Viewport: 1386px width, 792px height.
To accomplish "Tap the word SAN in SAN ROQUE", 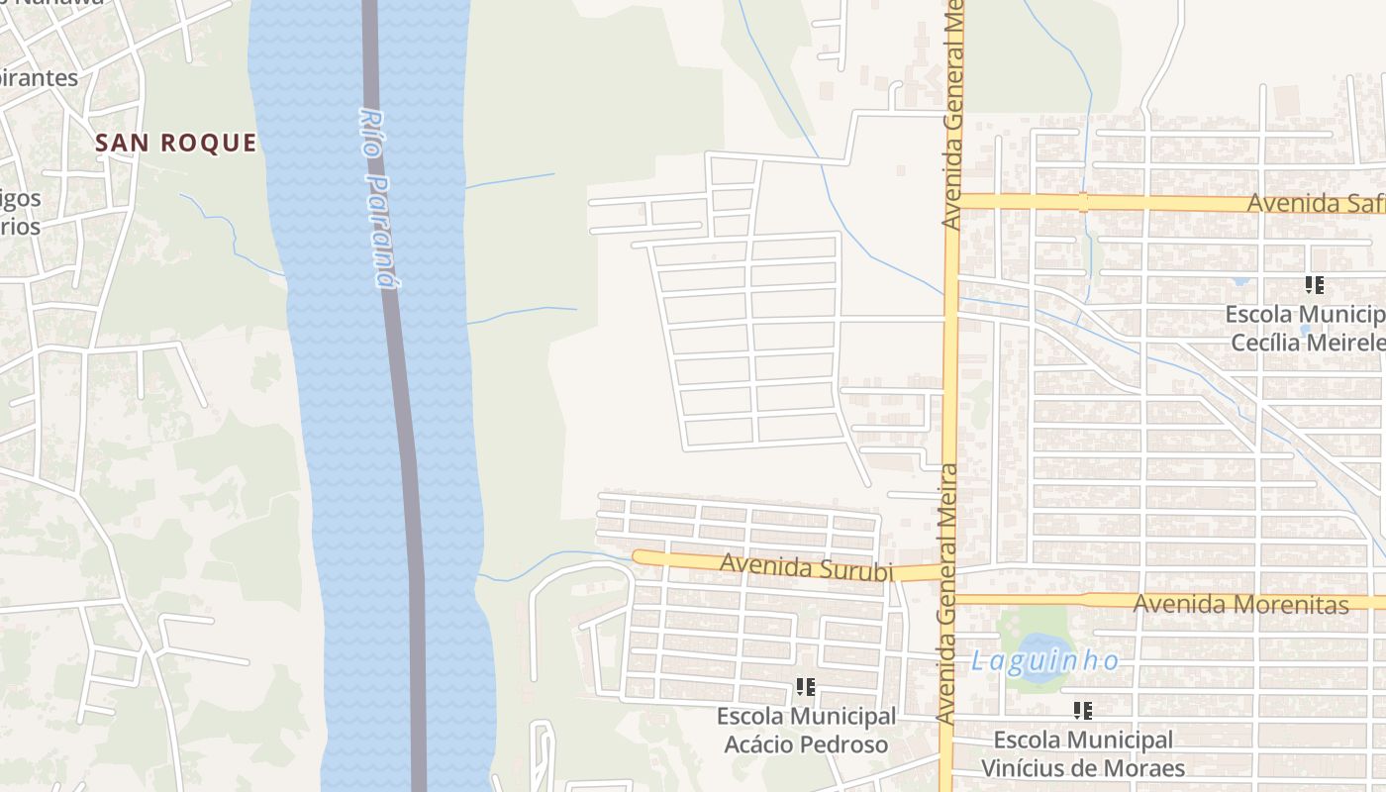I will pyautogui.click(x=122, y=143).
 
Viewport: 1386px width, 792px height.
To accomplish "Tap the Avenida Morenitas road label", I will pyautogui.click(x=1240, y=604).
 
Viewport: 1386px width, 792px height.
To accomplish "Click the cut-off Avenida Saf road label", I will pyautogui.click(x=1315, y=203).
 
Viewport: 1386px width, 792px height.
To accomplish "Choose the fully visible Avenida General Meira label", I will pyautogui.click(x=946, y=593).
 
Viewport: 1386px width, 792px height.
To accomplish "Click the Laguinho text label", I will pyautogui.click(x=1044, y=661).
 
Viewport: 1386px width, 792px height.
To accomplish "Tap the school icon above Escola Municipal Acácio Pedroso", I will pyautogui.click(x=805, y=686).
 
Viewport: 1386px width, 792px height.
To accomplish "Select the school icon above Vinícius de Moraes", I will pyautogui.click(x=1082, y=710).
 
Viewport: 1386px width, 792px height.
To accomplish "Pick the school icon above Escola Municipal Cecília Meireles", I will pyautogui.click(x=1314, y=285).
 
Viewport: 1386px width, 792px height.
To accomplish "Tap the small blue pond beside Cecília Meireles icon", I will pyautogui.click(x=1241, y=280).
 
